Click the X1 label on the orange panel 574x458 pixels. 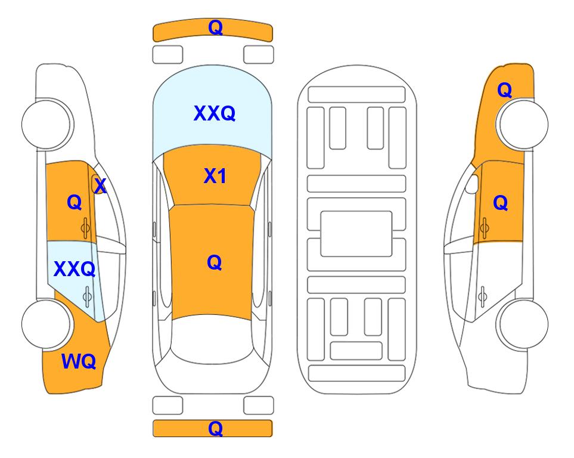[215, 177]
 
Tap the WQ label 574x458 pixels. [79, 361]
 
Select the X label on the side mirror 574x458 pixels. [100, 186]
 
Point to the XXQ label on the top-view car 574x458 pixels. [215, 113]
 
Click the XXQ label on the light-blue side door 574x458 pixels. [75, 270]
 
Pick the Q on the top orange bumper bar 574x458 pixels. [215, 27]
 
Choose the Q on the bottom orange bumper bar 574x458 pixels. [215, 428]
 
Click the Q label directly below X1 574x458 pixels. [215, 263]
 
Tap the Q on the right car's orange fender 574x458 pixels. [504, 90]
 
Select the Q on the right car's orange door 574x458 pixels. [501, 203]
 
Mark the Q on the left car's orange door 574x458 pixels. [75, 202]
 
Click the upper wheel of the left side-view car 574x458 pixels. [46, 124]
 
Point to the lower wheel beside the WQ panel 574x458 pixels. [46, 324]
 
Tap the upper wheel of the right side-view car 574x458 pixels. [523, 124]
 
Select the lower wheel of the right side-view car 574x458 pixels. [523, 324]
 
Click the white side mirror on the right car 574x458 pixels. [471, 184]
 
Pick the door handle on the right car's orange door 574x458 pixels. [485, 228]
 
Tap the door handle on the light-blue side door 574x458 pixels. [87, 296]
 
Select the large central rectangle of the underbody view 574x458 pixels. [356, 234]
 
